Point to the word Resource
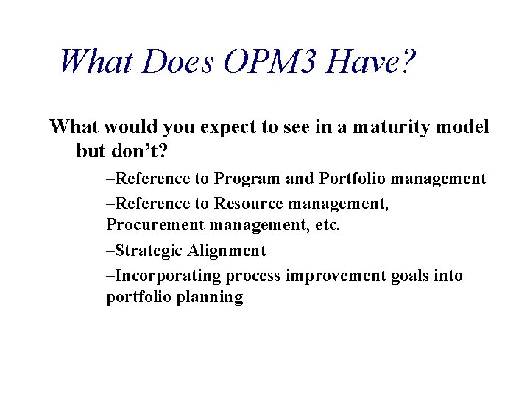click(245, 204)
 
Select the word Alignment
click(227, 251)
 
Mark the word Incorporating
click(169, 276)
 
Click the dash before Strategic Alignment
click(110, 251)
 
